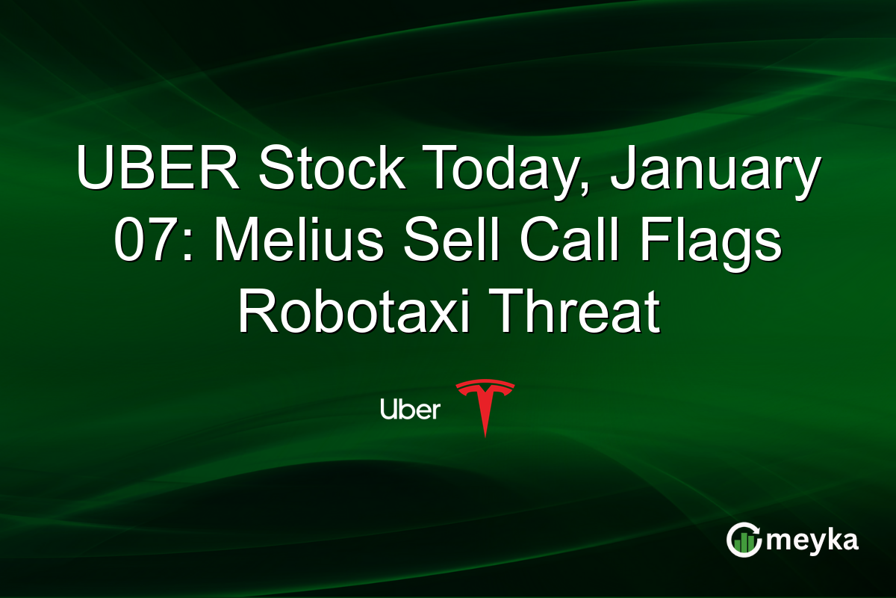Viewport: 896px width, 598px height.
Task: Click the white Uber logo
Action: pyautogui.click(x=410, y=409)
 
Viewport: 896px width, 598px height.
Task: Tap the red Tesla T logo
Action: pyautogui.click(x=485, y=407)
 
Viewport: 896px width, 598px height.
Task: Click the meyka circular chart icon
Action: pyautogui.click(x=744, y=540)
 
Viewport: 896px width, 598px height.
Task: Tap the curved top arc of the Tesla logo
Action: pyautogui.click(x=485, y=384)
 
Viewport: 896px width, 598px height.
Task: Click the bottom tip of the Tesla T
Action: pyautogui.click(x=485, y=435)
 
